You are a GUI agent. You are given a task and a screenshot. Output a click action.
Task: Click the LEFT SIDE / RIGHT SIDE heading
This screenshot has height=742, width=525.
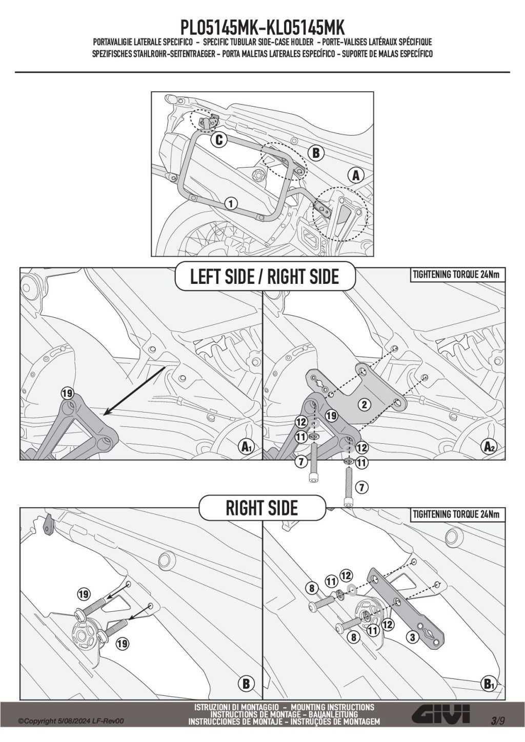[265, 277]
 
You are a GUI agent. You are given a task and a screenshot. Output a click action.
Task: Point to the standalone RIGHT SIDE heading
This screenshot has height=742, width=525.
[261, 508]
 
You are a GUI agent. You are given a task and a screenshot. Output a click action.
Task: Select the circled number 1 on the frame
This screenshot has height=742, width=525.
[231, 203]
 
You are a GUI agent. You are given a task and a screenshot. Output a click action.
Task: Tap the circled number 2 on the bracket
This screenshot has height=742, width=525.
[365, 405]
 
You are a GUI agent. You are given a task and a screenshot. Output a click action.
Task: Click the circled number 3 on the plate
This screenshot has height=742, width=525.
[411, 638]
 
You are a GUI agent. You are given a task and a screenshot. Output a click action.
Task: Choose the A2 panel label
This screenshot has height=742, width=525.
[490, 447]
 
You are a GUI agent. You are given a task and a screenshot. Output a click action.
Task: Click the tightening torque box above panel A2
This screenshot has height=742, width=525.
[456, 275]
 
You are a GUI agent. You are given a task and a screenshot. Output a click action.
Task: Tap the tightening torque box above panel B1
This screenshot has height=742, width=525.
[456, 514]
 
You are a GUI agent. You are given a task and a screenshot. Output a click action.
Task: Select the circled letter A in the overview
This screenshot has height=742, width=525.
[355, 175]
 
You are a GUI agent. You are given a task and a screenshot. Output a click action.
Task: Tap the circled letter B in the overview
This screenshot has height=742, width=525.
[316, 153]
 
